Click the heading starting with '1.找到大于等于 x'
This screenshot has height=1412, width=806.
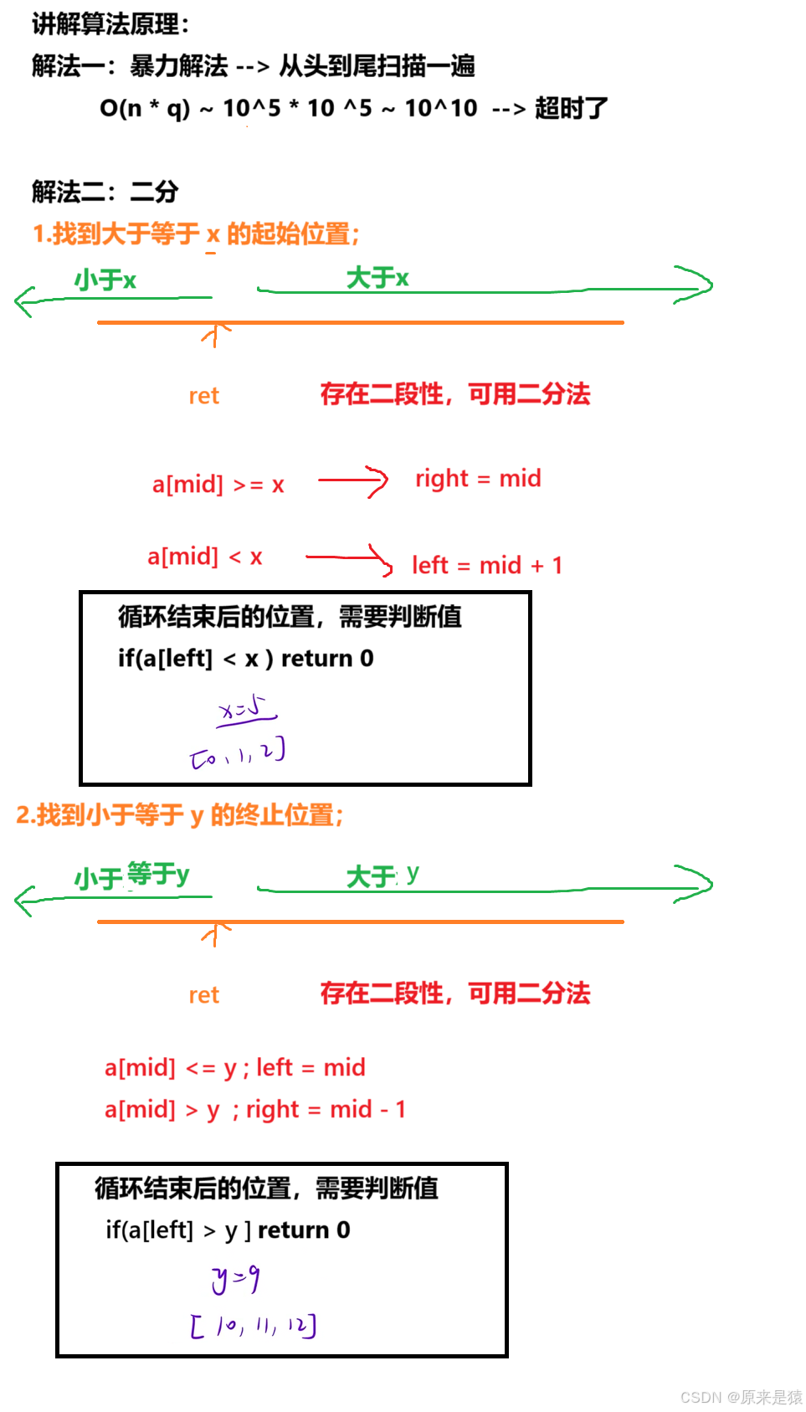click(196, 234)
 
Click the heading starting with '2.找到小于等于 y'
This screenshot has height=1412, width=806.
click(179, 814)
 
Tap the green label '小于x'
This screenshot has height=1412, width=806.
click(105, 280)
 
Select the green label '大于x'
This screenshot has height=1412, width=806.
click(377, 278)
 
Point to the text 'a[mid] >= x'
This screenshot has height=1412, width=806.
click(218, 485)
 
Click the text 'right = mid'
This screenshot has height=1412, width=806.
click(479, 479)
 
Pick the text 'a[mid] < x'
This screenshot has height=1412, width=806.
click(205, 557)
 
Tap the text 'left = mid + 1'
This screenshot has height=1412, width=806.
click(487, 566)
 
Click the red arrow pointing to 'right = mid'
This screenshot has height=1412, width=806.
click(353, 481)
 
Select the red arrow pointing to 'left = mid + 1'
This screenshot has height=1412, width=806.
click(350, 559)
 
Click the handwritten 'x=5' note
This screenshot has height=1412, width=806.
click(247, 710)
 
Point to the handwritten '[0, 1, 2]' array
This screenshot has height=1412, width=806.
click(239, 753)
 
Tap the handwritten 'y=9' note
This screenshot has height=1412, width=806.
click(236, 1278)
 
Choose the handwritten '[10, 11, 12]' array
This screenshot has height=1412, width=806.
click(253, 1326)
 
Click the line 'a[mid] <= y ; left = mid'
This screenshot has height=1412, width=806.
click(234, 1068)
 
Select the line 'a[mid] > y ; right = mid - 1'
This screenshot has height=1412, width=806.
click(254, 1110)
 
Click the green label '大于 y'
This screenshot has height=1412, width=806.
click(382, 876)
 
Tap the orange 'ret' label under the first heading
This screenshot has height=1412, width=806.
click(204, 396)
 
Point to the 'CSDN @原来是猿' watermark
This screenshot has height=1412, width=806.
click(740, 1396)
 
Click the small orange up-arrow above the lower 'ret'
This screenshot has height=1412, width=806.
click(216, 932)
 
